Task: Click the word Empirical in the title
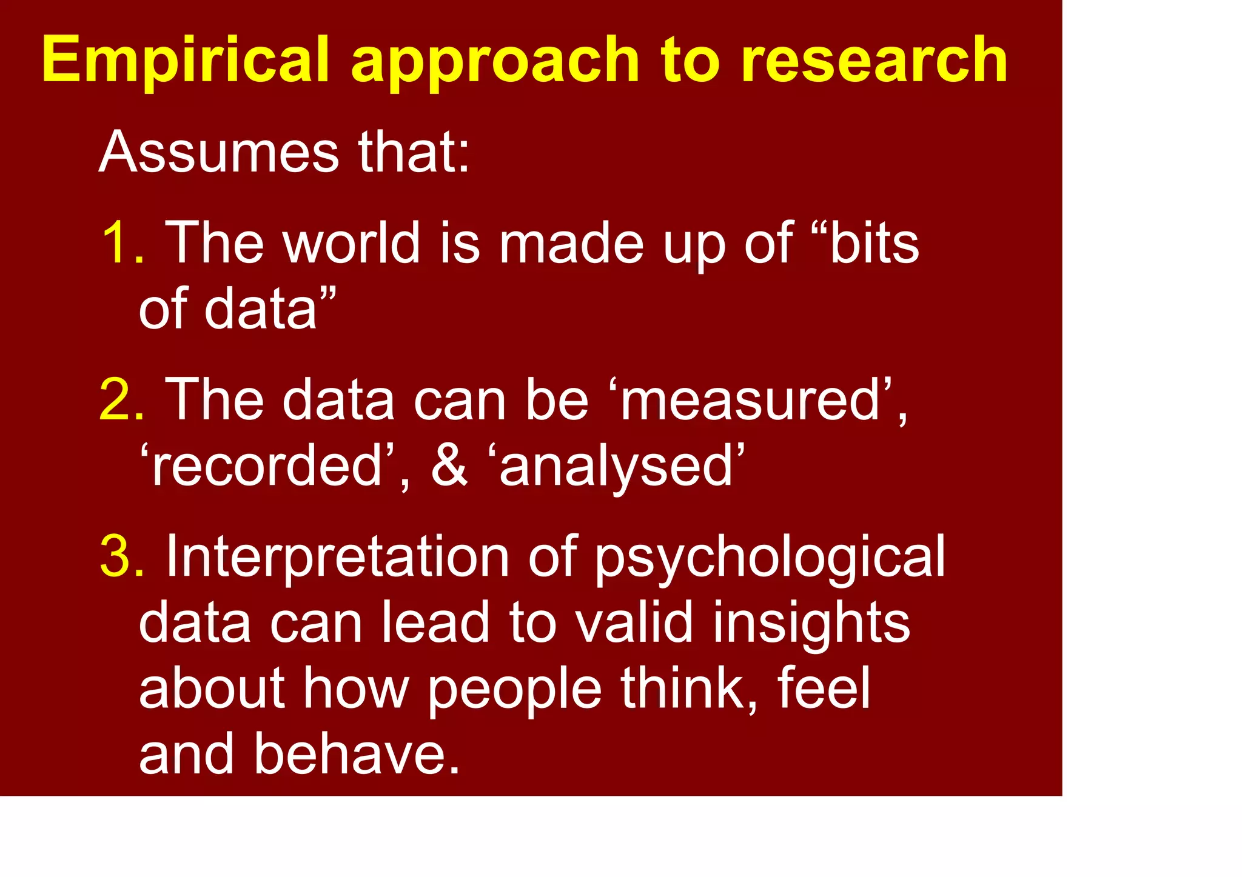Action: point(186,61)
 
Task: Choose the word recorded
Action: point(267,465)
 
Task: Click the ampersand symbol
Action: point(449,465)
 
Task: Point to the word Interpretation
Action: point(337,556)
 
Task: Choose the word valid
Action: point(634,622)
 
